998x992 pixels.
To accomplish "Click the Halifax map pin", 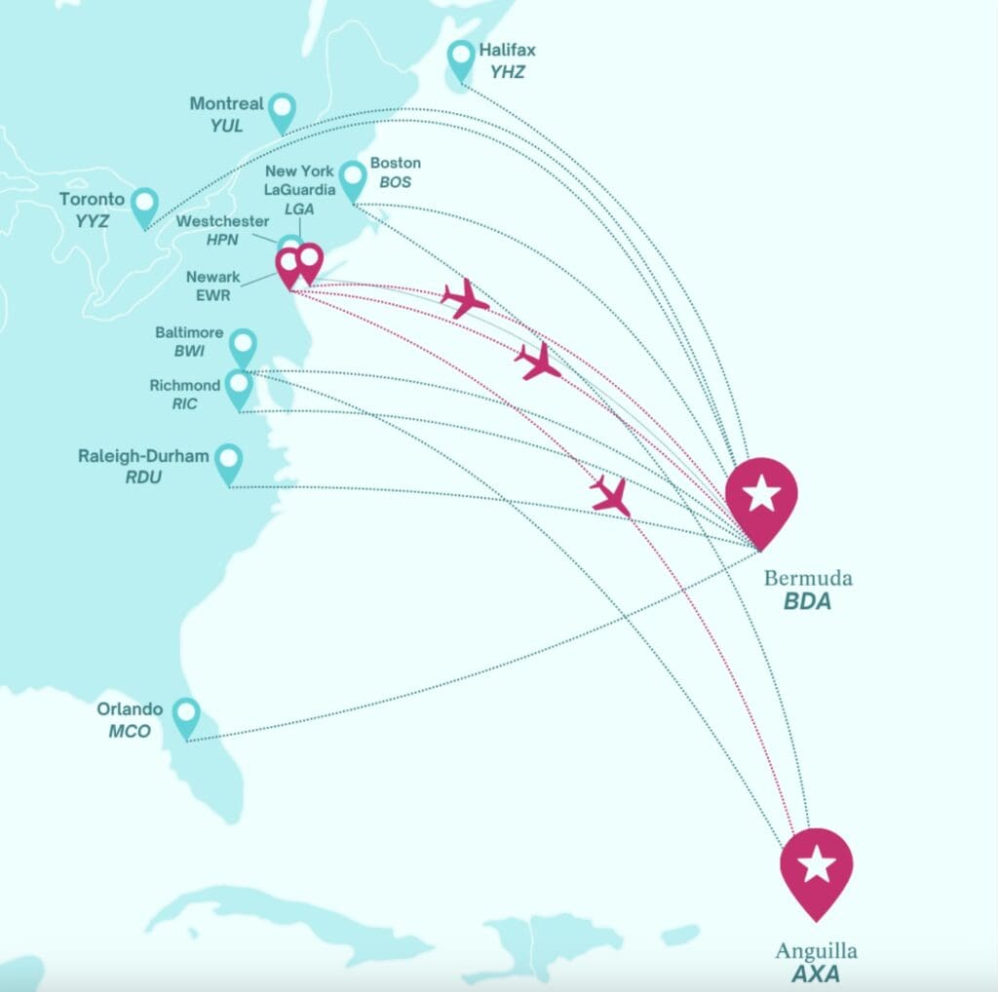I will tap(461, 59).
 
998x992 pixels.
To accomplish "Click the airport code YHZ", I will tap(508, 71).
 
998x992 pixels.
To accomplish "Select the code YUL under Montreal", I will tap(226, 126).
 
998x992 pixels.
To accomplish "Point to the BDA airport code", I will tap(808, 601).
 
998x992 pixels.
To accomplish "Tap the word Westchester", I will tap(222, 221).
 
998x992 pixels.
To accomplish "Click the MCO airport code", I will tap(130, 730).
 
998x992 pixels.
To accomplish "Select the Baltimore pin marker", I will tap(243, 347).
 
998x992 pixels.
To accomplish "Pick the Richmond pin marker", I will tap(239, 387).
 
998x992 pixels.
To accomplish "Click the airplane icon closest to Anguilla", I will tap(611, 496).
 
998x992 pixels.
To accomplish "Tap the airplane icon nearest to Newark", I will tap(465, 298).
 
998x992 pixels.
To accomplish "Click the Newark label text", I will tap(212, 277).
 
